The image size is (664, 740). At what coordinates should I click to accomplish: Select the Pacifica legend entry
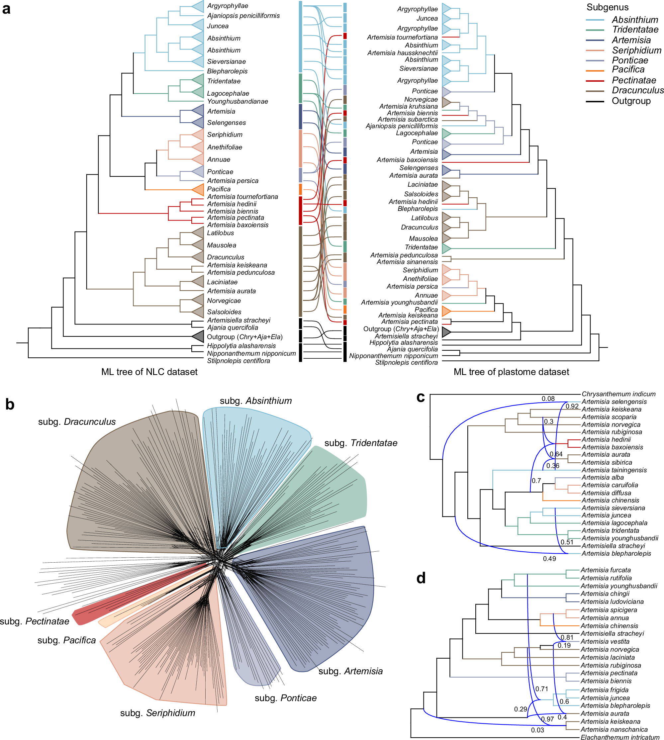(x=628, y=69)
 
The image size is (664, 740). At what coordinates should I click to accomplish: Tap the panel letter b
(x=10, y=405)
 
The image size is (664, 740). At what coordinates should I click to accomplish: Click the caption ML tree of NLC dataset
(x=149, y=372)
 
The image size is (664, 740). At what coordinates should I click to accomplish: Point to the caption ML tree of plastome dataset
(x=511, y=372)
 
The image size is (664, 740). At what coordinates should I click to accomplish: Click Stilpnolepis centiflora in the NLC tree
(x=238, y=361)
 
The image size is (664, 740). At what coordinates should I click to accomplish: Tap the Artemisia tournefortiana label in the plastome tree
(x=402, y=37)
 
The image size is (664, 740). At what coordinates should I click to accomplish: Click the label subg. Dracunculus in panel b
(x=77, y=421)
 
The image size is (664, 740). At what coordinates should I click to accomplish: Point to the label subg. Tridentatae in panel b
(x=361, y=443)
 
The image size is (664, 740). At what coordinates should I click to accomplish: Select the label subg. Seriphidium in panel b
(x=157, y=713)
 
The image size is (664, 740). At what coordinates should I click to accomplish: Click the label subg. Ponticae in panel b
(x=286, y=698)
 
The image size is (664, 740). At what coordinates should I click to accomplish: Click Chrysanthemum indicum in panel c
(x=618, y=394)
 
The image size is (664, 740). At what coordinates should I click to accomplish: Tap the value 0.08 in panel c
(x=548, y=399)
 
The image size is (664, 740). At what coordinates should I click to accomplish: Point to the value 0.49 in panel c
(x=549, y=558)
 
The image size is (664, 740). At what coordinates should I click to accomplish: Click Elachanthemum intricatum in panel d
(x=620, y=737)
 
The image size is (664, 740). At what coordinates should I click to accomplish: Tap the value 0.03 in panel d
(x=537, y=730)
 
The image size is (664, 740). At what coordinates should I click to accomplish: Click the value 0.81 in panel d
(x=567, y=637)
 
